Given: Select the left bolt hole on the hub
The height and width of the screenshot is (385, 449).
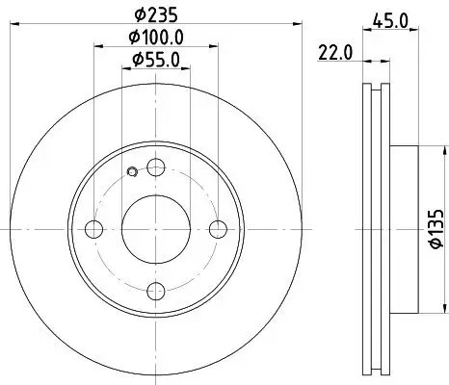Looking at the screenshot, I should tap(93, 229).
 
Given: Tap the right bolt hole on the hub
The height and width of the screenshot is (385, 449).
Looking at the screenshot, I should tap(220, 229).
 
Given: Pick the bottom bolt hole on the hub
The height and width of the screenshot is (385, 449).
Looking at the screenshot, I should tap(156, 293).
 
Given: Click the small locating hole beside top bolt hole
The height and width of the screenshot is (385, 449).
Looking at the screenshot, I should tap(131, 173).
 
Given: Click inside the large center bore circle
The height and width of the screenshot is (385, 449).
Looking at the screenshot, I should tap(156, 229).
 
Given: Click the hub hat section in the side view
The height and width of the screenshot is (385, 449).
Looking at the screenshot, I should tap(405, 229).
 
